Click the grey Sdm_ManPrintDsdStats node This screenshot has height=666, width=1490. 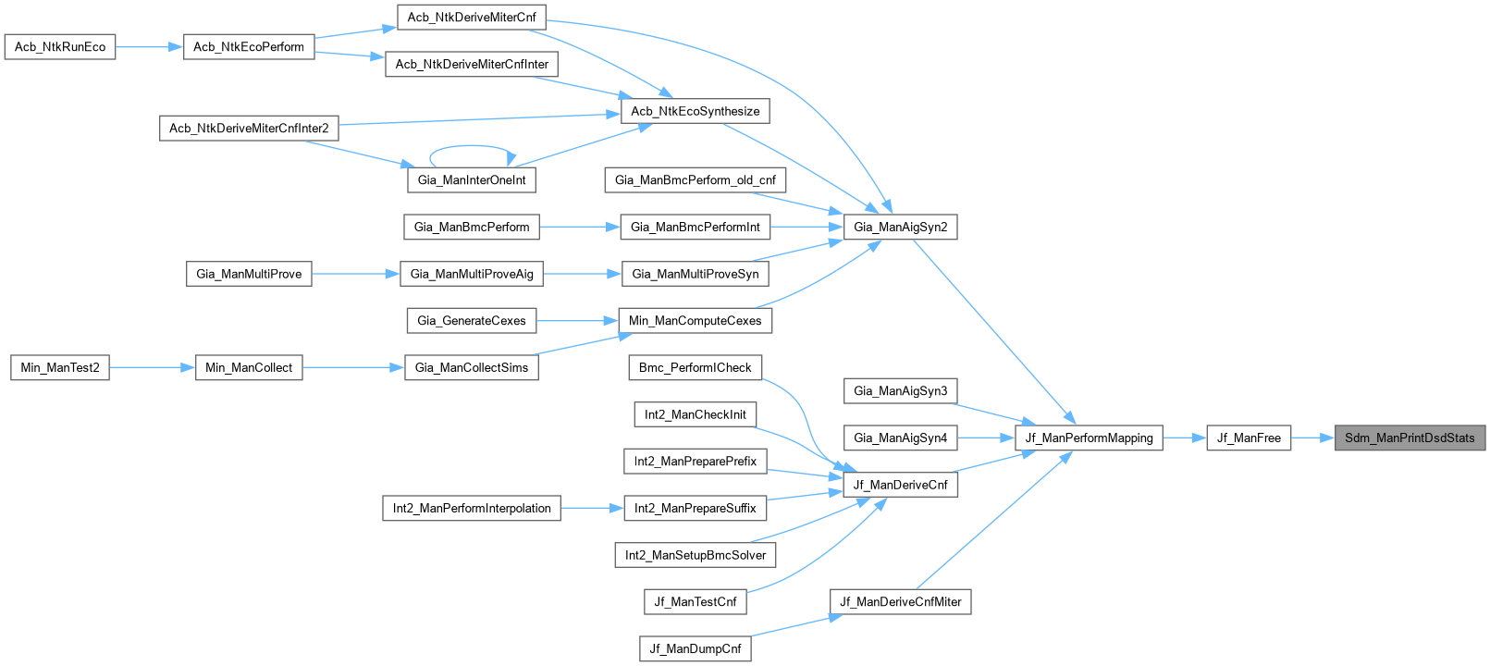[1410, 438]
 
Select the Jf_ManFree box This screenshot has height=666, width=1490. [1249, 438]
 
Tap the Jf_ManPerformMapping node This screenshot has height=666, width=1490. [1089, 438]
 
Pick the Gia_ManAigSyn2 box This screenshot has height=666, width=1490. [900, 227]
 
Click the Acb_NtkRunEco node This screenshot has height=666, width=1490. [60, 46]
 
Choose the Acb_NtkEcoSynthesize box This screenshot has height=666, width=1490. [695, 111]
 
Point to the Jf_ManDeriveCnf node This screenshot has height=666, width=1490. [900, 484]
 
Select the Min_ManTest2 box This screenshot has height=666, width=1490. [60, 367]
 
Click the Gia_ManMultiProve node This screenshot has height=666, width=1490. [249, 274]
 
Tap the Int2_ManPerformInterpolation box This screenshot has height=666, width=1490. [471, 508]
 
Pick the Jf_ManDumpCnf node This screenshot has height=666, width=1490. [695, 648]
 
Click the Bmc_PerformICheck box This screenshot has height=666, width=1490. [695, 367]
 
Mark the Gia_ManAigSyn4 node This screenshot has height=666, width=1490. [900, 438]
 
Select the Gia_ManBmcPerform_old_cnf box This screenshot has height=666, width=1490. [695, 179]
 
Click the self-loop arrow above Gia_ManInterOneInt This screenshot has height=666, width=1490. [471, 146]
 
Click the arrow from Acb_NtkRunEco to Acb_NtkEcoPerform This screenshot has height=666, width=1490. [149, 46]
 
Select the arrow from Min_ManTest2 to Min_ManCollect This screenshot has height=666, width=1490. [152, 367]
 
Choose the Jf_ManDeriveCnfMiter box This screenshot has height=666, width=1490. [900, 601]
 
